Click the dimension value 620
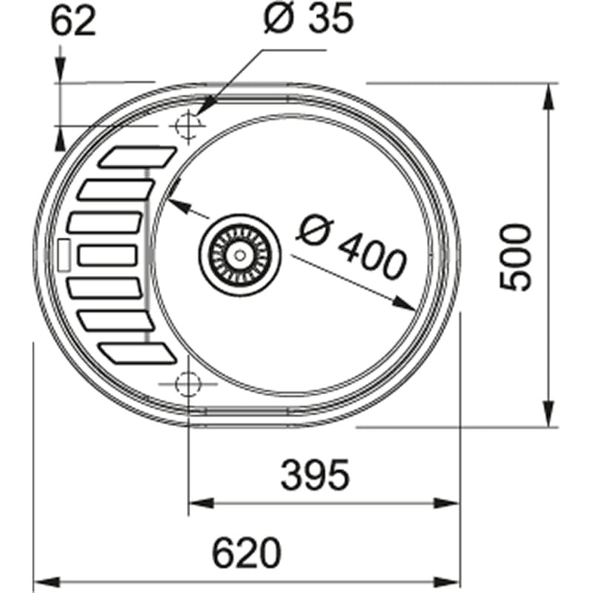point(247,552)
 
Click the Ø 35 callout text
point(308,20)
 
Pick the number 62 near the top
point(73,22)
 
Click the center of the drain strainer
point(239,254)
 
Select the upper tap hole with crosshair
point(188,126)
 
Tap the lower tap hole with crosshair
point(188,384)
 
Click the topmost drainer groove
point(137,157)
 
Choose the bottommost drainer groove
point(137,353)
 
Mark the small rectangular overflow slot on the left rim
point(63,255)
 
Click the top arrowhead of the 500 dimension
point(549,93)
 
